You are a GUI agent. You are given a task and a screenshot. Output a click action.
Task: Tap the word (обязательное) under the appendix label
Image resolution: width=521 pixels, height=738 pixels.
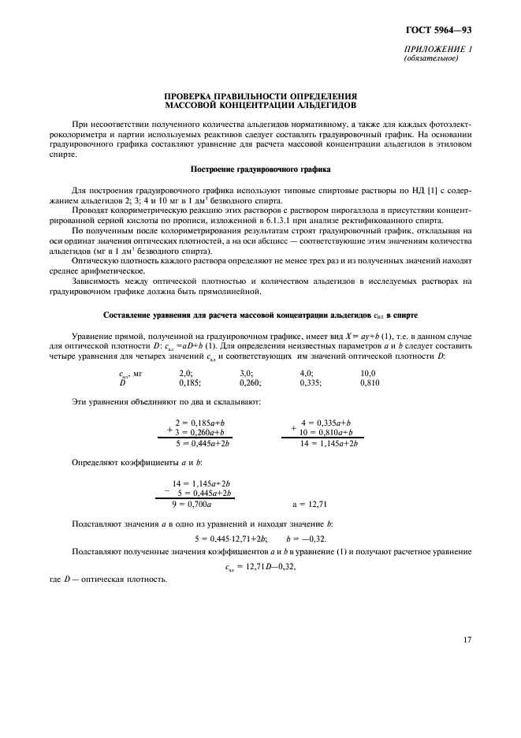pyautogui.click(x=430, y=58)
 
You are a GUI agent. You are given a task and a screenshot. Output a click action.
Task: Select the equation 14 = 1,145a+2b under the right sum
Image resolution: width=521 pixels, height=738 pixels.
pyautogui.click(x=329, y=444)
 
